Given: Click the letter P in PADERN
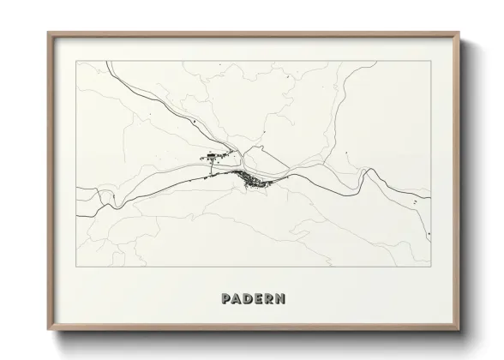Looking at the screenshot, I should click(225, 299).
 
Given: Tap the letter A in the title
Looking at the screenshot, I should click(237, 299).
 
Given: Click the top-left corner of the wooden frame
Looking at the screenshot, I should click(49, 33).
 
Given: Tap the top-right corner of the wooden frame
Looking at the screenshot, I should click(459, 33).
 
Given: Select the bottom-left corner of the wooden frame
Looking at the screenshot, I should click(49, 330).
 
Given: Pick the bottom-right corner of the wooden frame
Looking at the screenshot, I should click(459, 330).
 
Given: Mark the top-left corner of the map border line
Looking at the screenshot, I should click(77, 61).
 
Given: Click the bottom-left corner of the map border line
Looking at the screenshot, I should click(77, 267).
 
